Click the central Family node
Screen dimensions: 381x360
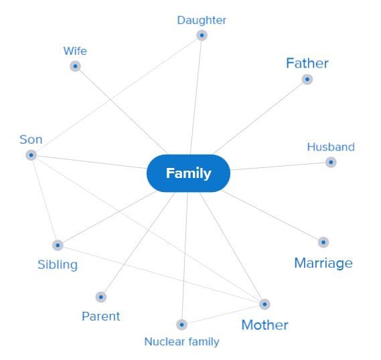coord(188,173)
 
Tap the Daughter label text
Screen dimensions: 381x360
coord(202,20)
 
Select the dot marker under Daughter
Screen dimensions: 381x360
coord(202,35)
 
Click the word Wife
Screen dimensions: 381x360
coord(75,51)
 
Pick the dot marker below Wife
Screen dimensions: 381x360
coord(75,66)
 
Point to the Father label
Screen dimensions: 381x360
coord(307,63)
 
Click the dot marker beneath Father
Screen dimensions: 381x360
coord(307,79)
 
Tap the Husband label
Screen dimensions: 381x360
coord(331,147)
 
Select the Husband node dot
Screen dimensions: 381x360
coord(331,162)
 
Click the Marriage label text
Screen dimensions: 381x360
coord(323,263)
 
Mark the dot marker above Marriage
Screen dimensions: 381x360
coord(323,242)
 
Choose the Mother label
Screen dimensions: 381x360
coord(264,325)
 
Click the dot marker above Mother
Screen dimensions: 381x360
coord(264,304)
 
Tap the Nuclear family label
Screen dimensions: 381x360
coord(181,341)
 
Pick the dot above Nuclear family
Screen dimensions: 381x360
coord(181,325)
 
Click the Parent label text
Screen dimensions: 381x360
coord(101,317)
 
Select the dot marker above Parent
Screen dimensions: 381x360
coord(101,296)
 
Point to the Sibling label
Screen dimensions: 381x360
coord(58,264)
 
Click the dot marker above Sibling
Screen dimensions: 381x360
coord(58,245)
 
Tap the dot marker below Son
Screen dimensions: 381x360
coord(31,155)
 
